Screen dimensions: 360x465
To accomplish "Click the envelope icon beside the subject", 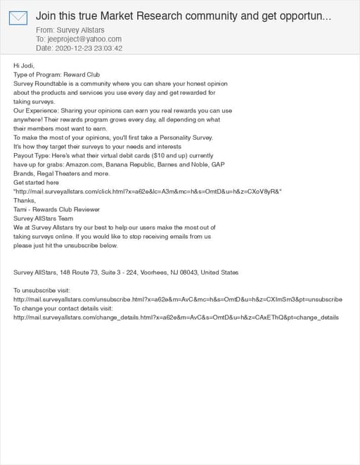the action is point(18,18).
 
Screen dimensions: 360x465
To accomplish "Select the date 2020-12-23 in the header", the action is point(72,48).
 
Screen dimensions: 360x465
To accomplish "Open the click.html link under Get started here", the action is point(148,191).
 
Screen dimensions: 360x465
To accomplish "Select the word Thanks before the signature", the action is point(25,200).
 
